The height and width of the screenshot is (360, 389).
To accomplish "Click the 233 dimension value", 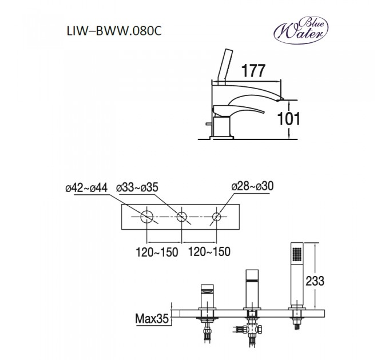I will click(332, 281).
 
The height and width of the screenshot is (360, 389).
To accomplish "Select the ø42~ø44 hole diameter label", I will click(86, 187).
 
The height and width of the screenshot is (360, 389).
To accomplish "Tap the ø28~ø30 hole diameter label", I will click(252, 187).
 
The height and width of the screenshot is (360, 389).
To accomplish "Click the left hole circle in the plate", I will click(148, 217).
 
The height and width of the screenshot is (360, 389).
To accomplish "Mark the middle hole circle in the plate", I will click(182, 217).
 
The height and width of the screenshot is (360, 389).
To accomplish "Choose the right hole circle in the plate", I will click(217, 217).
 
